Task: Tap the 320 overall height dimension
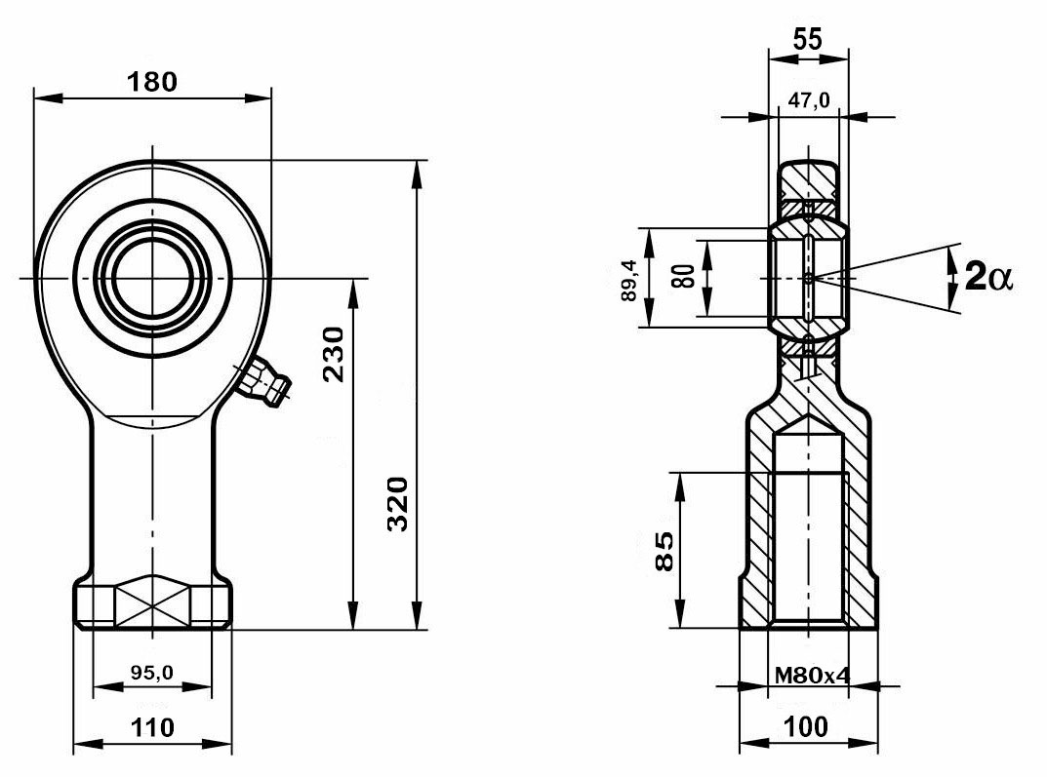tap(397, 504)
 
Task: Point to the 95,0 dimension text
tap(151, 672)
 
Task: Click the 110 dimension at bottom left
tap(152, 726)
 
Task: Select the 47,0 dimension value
tap(808, 99)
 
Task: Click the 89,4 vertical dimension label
tap(629, 280)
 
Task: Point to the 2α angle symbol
tap(988, 278)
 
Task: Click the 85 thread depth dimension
tap(663, 552)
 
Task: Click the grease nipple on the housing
tap(265, 382)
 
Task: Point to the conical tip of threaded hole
tap(808, 425)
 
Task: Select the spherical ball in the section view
tap(808, 279)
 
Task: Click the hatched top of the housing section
tap(808, 181)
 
